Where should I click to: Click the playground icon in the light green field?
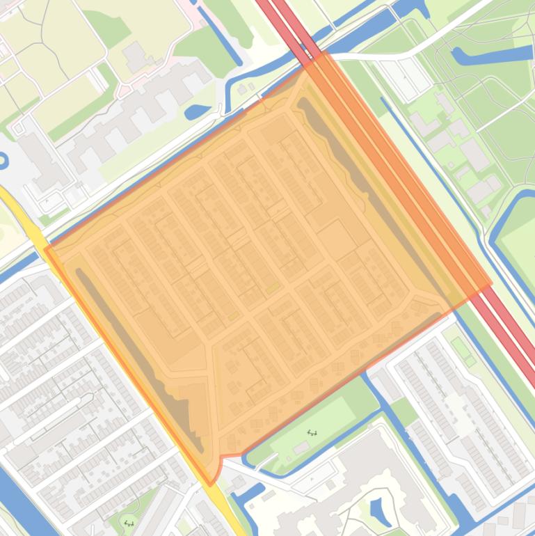(312, 433)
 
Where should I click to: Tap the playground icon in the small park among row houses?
(128, 522)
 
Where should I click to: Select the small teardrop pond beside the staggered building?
(198, 111)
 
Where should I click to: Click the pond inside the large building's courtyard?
(380, 512)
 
